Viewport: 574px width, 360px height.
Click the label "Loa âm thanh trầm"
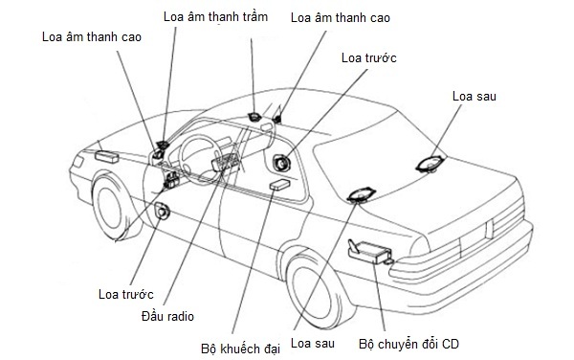pyautogui.click(x=215, y=16)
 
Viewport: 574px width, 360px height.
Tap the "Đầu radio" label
pyautogui.click(x=167, y=316)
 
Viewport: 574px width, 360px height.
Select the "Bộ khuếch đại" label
pyautogui.click(x=240, y=349)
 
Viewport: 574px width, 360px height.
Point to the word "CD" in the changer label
pyautogui.click(x=450, y=345)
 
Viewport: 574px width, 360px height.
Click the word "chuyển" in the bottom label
pyautogui.click(x=398, y=345)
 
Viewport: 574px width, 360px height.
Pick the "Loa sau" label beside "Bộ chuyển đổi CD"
pyautogui.click(x=313, y=343)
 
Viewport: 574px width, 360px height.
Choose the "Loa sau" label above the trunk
pyautogui.click(x=475, y=96)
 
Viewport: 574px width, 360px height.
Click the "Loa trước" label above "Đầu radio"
pyautogui.click(x=125, y=294)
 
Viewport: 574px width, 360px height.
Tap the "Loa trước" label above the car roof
pyautogui.click(x=368, y=57)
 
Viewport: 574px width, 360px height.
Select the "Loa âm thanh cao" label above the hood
pyautogui.click(x=92, y=36)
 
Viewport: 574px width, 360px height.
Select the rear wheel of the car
pyautogui.click(x=314, y=288)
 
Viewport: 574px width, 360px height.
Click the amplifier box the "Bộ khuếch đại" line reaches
pyautogui.click(x=279, y=184)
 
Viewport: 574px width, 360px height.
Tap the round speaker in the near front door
pyautogui.click(x=162, y=211)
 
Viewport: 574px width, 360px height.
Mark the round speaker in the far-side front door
pyautogui.click(x=281, y=163)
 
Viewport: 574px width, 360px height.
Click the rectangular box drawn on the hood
pyautogui.click(x=107, y=156)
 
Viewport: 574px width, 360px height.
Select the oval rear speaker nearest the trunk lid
pyautogui.click(x=431, y=164)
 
